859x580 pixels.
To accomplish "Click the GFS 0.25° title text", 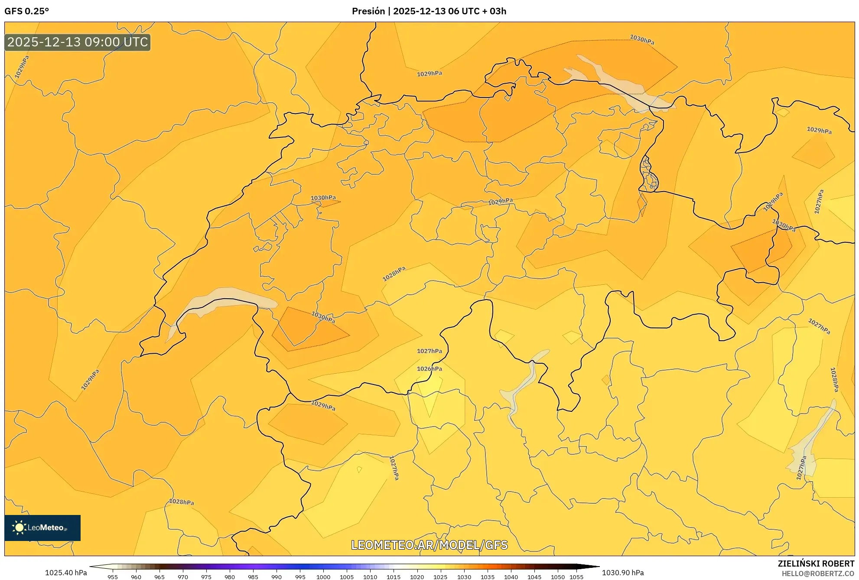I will coord(26,11).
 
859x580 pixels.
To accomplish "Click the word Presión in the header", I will coord(368,11).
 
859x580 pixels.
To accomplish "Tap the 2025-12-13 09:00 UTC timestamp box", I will coord(78,42).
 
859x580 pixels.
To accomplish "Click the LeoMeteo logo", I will coord(42,528).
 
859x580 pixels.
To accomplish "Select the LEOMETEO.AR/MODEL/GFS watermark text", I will coord(429,545).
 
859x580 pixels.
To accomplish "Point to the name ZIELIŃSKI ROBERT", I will coord(816,564).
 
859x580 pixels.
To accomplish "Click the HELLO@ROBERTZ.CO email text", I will coord(817,573).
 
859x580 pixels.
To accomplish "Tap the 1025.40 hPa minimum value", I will coord(66,573).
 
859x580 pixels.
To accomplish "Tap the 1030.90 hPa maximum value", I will coord(623,573).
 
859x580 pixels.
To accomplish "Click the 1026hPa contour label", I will coord(429,369).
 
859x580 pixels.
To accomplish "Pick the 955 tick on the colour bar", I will coord(113,577).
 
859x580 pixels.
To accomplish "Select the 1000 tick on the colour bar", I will coord(323,577).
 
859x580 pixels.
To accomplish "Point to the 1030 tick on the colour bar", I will coord(464,577).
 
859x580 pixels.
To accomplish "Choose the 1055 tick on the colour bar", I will coord(576,577).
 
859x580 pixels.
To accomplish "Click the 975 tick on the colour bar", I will coord(206,577).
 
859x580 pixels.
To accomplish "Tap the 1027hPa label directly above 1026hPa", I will coord(429,351).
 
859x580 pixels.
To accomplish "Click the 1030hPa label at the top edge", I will coord(642,40).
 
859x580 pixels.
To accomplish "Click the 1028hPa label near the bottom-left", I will coord(181,502).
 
